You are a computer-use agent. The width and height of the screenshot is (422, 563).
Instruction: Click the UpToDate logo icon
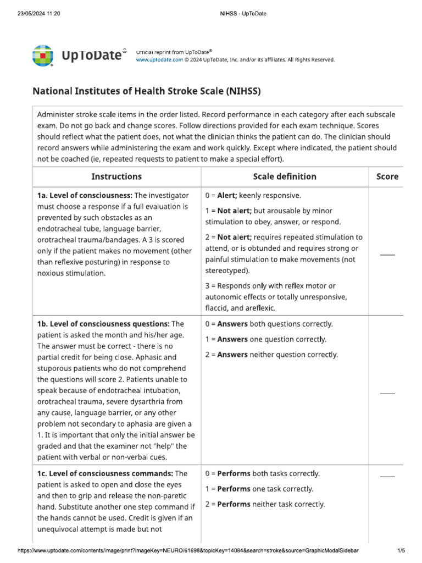(x=43, y=56)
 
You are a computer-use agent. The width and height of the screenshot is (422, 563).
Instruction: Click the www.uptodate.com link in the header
(x=159, y=60)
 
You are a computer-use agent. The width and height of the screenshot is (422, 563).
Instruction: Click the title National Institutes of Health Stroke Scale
(x=147, y=91)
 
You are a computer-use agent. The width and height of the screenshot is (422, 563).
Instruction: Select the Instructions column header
(x=116, y=176)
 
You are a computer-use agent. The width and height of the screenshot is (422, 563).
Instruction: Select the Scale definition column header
(x=284, y=176)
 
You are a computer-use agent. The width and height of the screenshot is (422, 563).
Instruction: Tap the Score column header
(x=387, y=176)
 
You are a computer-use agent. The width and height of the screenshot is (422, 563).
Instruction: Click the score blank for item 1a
(x=387, y=254)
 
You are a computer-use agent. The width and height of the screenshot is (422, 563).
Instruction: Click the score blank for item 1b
(x=387, y=393)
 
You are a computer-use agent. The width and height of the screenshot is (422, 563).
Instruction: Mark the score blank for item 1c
(x=387, y=476)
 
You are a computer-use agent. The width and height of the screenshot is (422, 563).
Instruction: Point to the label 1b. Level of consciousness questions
(x=103, y=324)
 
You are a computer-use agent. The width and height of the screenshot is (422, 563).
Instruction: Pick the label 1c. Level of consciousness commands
(x=104, y=473)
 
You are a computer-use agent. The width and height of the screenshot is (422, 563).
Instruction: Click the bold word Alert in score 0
(x=227, y=195)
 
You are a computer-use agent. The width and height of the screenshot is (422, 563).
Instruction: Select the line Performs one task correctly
(x=259, y=489)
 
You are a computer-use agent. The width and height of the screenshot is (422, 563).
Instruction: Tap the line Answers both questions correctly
(x=269, y=324)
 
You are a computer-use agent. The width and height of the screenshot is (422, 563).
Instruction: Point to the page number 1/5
(x=401, y=550)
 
